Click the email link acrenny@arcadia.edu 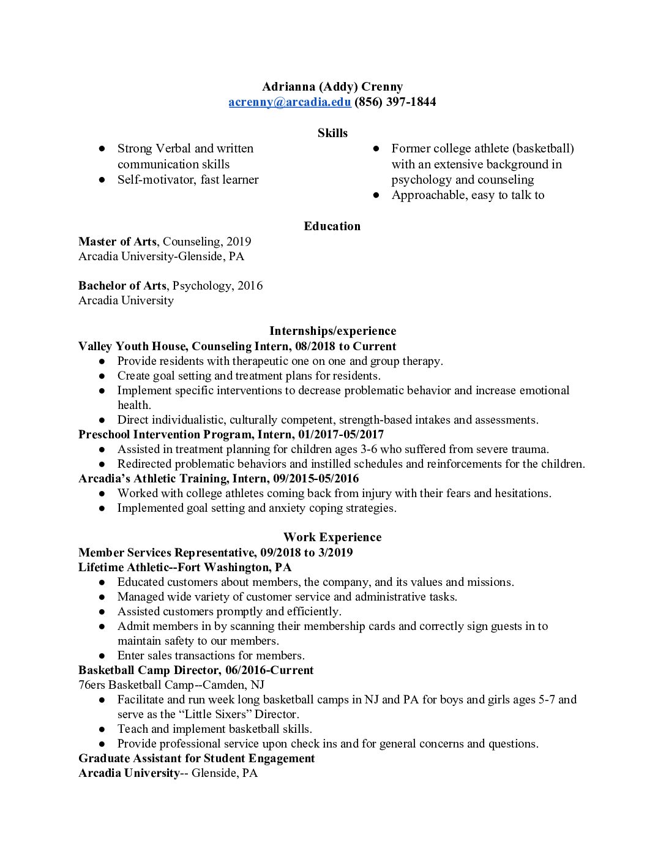(x=290, y=102)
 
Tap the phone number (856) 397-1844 (x=395, y=102)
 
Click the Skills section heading (x=332, y=133)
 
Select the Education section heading (x=332, y=227)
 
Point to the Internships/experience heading (x=332, y=331)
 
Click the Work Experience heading (x=332, y=538)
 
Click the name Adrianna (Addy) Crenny (x=332, y=87)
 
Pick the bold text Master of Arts (x=118, y=242)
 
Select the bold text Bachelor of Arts (x=122, y=286)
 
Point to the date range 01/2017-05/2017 (x=341, y=435)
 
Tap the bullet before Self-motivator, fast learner (x=103, y=180)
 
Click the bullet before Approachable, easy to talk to (x=377, y=195)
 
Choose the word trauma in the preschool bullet (x=529, y=449)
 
